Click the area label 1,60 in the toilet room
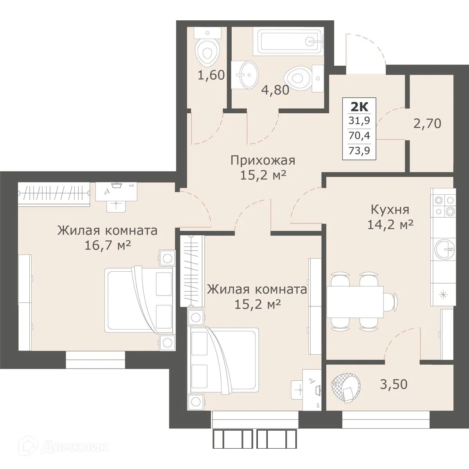click(x=211, y=75)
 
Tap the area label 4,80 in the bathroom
click(x=276, y=90)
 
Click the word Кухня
click(x=390, y=209)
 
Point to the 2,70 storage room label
click(x=427, y=124)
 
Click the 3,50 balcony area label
click(x=394, y=384)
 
